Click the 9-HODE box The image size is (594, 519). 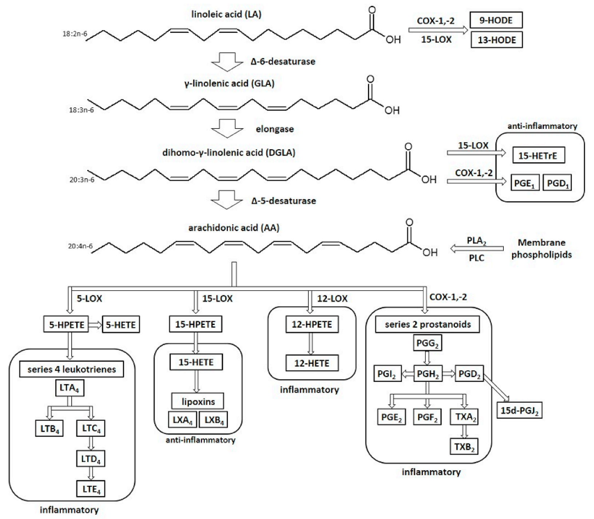[x=496, y=20]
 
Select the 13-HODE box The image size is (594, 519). [x=496, y=40]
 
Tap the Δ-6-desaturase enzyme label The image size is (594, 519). [x=283, y=61]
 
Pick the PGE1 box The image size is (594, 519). [x=524, y=183]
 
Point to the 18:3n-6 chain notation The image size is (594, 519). [x=81, y=110]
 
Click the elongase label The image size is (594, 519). [x=274, y=129]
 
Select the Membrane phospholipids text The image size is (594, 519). [x=541, y=249]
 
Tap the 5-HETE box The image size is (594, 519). [x=121, y=325]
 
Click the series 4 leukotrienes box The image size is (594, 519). [x=71, y=369]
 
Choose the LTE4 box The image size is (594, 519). [x=91, y=488]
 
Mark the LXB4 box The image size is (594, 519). [x=214, y=420]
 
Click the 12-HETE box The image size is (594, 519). [x=312, y=363]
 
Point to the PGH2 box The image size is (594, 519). [x=428, y=374]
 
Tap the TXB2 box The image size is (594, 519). [x=464, y=447]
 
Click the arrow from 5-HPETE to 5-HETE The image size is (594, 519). [x=95, y=325]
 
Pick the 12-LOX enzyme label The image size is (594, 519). [x=332, y=299]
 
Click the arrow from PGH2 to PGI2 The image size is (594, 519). [x=408, y=374]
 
